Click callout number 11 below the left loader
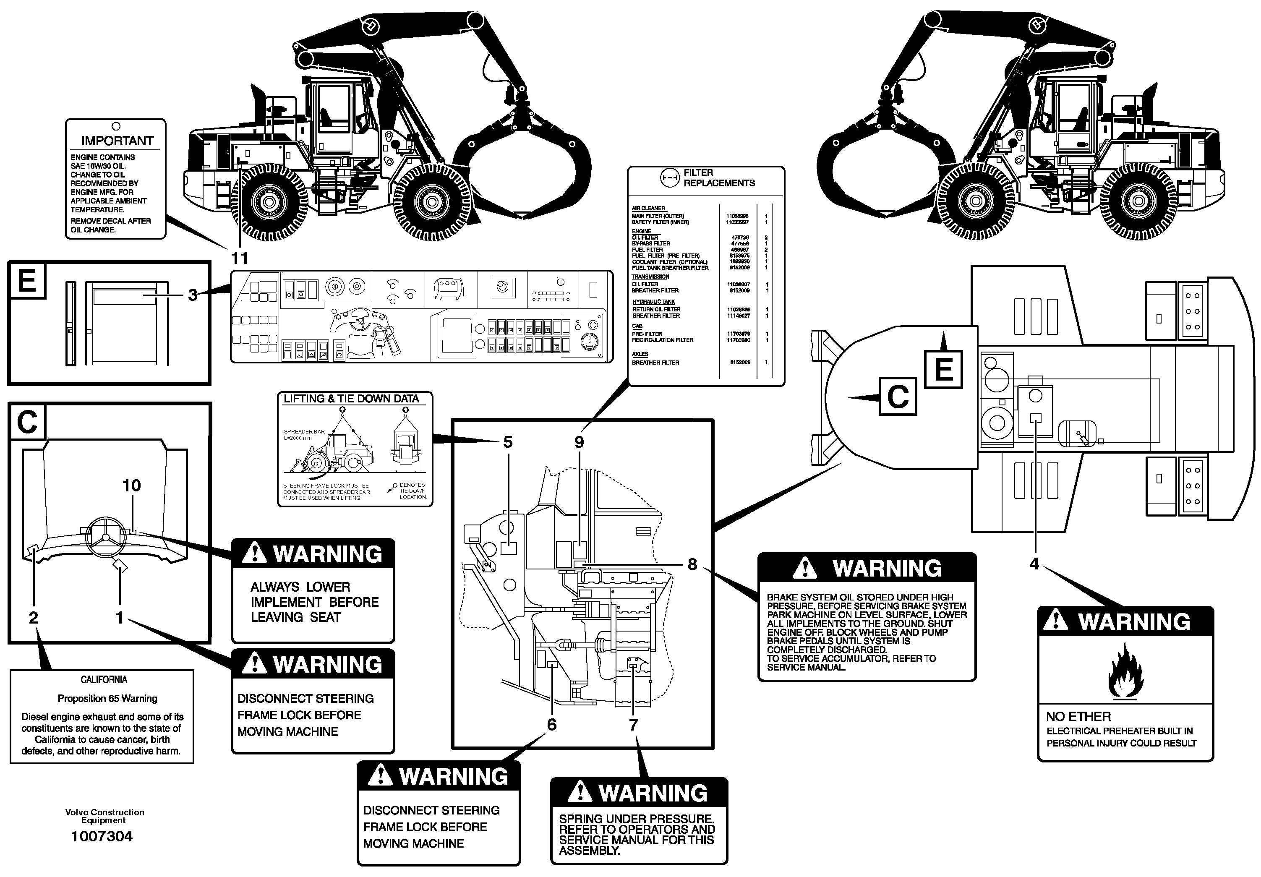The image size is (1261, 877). coord(240,258)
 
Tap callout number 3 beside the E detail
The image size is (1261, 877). coord(192,295)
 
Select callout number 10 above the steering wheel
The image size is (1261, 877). coord(131,485)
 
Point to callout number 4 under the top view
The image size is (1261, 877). coord(1034,564)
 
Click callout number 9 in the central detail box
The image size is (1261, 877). coord(579,442)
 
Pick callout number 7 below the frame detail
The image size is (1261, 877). coord(633,725)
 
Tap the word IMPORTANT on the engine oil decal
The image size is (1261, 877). coord(117,141)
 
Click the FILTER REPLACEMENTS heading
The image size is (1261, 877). coord(718,178)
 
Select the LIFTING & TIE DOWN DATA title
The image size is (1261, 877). coord(351,399)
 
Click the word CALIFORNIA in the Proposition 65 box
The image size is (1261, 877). coord(104,680)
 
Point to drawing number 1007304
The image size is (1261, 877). coord(102,836)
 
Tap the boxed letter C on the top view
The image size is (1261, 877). coord(898,396)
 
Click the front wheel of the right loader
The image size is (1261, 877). coord(976,201)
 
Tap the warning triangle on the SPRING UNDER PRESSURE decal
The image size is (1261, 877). coord(579,792)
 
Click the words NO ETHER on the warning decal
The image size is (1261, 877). coord(1078,717)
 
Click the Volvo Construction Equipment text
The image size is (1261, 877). coord(104,816)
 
